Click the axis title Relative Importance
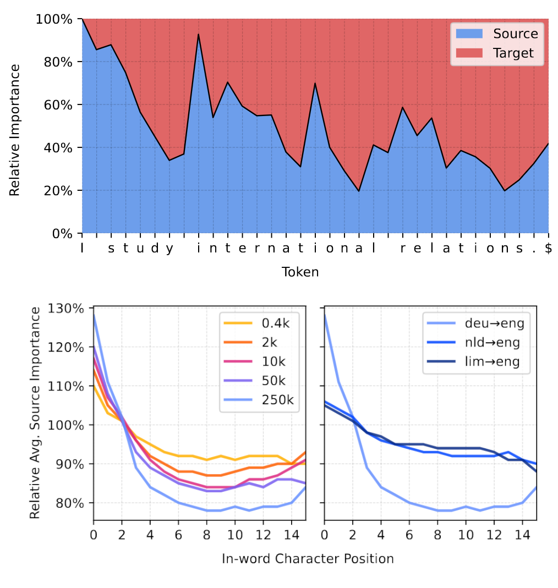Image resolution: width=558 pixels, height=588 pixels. [15, 130]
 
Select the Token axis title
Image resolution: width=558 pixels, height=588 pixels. [300, 272]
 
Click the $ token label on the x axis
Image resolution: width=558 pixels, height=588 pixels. [548, 249]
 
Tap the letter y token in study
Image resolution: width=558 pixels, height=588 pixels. [169, 249]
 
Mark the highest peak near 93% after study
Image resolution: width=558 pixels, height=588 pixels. [198, 34]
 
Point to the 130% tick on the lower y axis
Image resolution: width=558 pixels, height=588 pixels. [67, 309]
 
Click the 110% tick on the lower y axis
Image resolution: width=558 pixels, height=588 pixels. [67, 386]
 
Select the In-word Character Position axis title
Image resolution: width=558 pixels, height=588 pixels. [308, 559]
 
